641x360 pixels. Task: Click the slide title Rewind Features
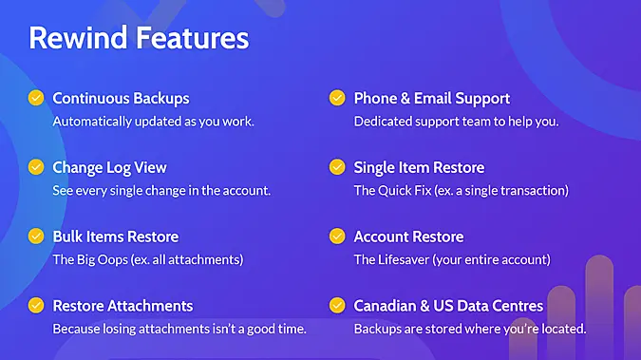tap(139, 38)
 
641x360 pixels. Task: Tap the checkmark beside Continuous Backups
tap(36, 98)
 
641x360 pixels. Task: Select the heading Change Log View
tap(109, 167)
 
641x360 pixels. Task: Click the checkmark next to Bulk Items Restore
tap(36, 237)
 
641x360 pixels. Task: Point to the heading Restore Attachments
tap(123, 306)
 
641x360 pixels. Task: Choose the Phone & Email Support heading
tap(432, 98)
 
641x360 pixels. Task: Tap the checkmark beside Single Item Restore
tap(337, 167)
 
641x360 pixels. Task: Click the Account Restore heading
tap(408, 237)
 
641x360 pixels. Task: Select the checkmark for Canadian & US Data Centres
tap(337, 306)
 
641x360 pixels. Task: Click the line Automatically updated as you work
tap(153, 122)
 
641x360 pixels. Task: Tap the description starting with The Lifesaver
tap(452, 259)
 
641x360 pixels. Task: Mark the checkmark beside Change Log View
tap(36, 167)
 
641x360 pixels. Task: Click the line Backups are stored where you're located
tap(470, 330)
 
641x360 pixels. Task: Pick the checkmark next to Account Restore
tap(337, 237)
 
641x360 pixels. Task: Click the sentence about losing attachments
tap(179, 330)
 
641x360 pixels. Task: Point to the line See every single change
tap(161, 191)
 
